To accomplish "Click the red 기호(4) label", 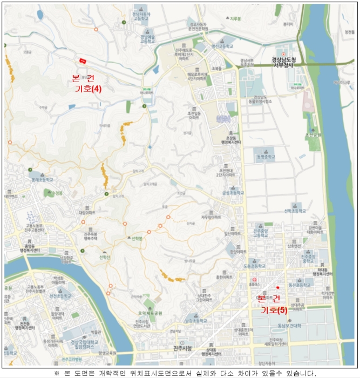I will (88, 89).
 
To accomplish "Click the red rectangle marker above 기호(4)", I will (83, 60).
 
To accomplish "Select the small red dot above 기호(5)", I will (277, 287).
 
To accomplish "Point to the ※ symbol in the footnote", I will (57, 373).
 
